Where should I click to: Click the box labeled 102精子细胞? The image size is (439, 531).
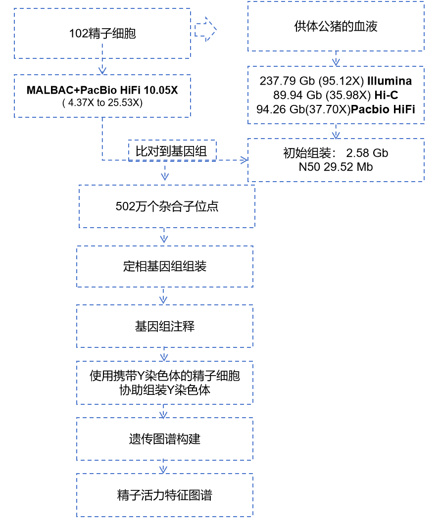(102, 34)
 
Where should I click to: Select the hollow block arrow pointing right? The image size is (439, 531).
(205, 30)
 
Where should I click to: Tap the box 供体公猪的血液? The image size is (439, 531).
(336, 27)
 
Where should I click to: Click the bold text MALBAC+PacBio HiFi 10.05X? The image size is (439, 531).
(102, 91)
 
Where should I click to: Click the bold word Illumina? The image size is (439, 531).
(389, 81)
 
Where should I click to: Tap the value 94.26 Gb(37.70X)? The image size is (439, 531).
(303, 109)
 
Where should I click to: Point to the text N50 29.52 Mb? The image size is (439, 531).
(336, 167)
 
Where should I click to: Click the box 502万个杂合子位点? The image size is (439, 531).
(167, 206)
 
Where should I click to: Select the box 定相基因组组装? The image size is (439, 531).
(164, 267)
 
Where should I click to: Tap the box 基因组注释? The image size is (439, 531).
(164, 327)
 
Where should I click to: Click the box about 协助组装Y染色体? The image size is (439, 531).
(164, 383)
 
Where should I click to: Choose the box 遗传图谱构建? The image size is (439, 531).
(164, 439)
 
